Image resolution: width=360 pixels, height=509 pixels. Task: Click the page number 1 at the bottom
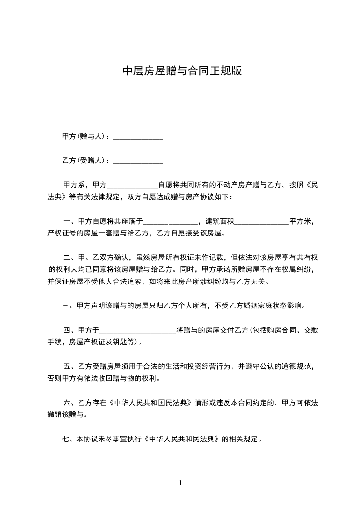click(180, 483)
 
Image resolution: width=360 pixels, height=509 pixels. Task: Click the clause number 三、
click(69, 306)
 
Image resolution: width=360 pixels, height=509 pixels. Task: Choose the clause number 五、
click(70, 366)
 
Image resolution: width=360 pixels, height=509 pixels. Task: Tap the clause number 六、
click(70, 402)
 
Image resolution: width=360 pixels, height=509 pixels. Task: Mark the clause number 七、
click(69, 439)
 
